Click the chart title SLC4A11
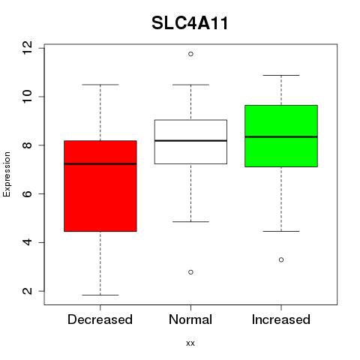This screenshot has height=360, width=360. tap(190, 23)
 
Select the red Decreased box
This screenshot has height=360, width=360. tap(100, 186)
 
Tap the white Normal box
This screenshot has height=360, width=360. tap(190, 142)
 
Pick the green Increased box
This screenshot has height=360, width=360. tap(281, 136)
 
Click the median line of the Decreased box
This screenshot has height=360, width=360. tap(100, 164)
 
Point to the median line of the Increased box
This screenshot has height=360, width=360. tap(281, 136)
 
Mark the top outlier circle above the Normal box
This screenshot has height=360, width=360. tap(190, 54)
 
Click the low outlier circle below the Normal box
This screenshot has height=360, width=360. tap(190, 272)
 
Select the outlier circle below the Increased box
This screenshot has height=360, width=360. tap(281, 259)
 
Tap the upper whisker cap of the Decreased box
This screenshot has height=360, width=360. tap(100, 85)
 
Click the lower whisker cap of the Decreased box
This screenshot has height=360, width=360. tap(100, 295)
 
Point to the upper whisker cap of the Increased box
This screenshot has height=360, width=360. tap(281, 75)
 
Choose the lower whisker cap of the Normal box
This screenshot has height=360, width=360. tap(190, 221)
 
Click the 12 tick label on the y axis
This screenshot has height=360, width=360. tap(27, 48)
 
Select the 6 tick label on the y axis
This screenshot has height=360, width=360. tap(27, 193)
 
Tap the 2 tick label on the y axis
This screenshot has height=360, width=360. tap(27, 291)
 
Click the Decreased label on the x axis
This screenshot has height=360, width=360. tap(100, 319)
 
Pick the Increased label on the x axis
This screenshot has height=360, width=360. tap(281, 319)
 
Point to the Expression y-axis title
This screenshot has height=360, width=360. tap(7, 174)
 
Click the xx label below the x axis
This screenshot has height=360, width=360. tap(190, 343)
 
